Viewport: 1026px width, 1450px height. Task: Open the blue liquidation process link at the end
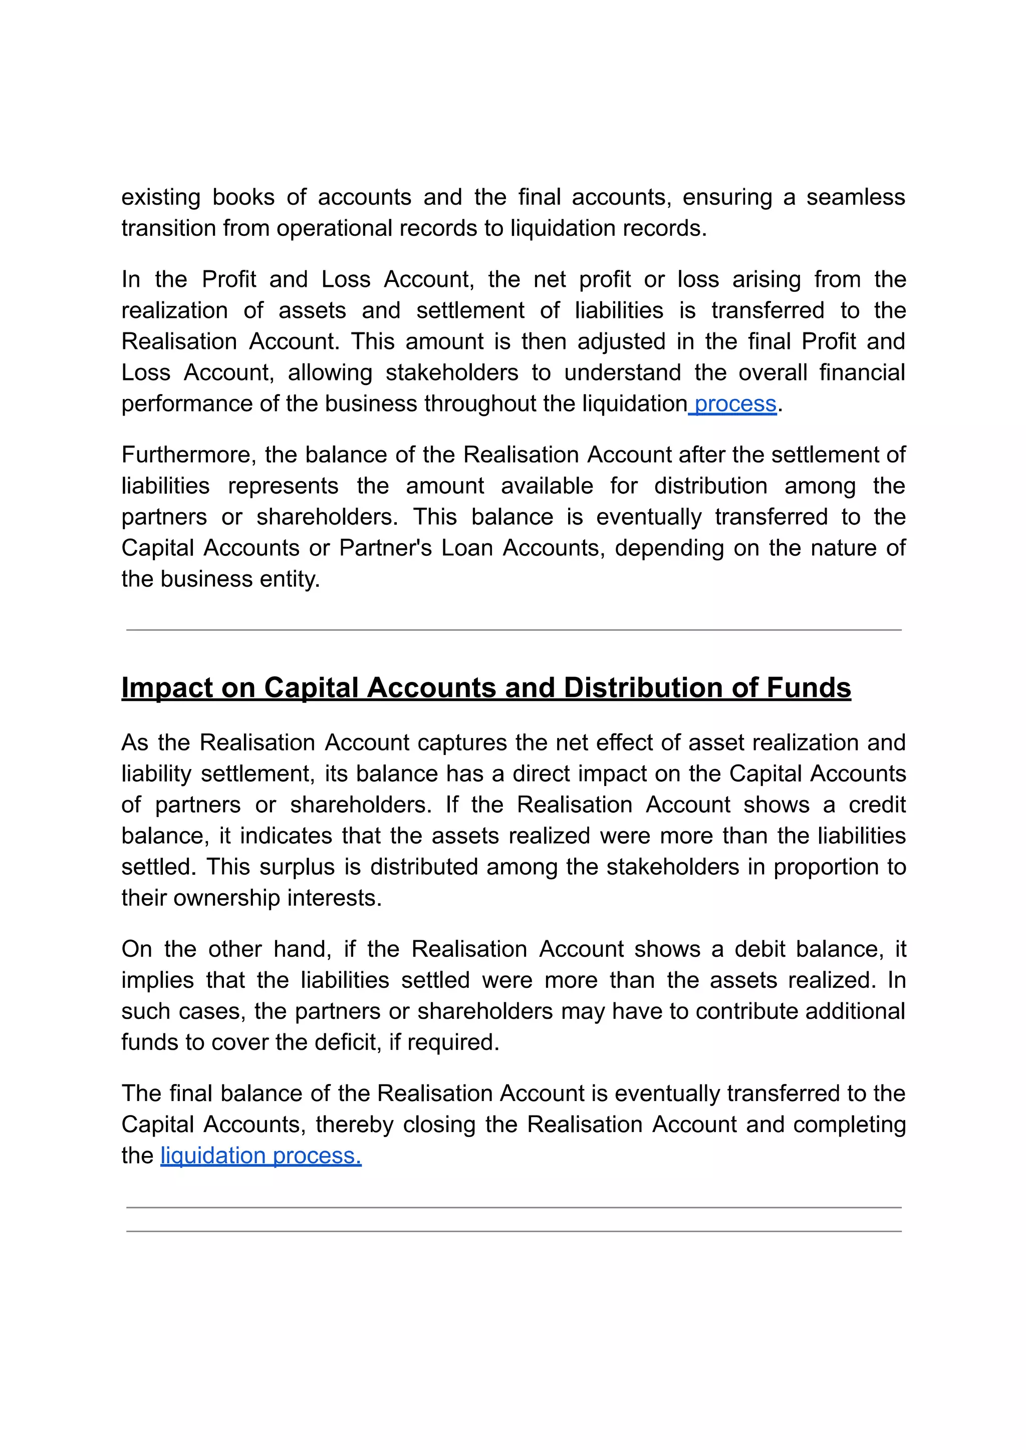(x=261, y=1156)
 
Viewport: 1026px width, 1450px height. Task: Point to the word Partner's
(x=385, y=548)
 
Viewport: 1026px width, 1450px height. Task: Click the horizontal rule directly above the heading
(x=513, y=630)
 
